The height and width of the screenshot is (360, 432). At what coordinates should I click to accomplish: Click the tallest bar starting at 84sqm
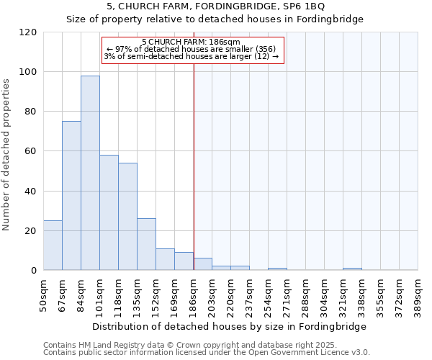click(90, 173)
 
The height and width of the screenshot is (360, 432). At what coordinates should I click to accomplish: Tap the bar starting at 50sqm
click(53, 246)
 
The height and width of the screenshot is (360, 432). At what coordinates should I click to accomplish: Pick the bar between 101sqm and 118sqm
click(109, 212)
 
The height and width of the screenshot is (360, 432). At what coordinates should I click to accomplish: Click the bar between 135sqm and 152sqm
click(146, 244)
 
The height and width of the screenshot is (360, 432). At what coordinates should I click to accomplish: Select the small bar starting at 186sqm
click(202, 264)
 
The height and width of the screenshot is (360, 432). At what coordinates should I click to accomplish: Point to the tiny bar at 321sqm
click(352, 269)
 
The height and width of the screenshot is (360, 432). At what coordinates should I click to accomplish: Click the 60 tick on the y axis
click(31, 151)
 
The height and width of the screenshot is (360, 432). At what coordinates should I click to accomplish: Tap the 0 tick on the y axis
click(34, 271)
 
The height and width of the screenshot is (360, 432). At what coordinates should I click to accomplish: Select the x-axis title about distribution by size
click(229, 326)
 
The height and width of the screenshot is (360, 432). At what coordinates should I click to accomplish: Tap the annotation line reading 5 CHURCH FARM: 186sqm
click(191, 42)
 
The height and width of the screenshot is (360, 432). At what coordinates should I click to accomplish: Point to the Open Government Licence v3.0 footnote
click(207, 353)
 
